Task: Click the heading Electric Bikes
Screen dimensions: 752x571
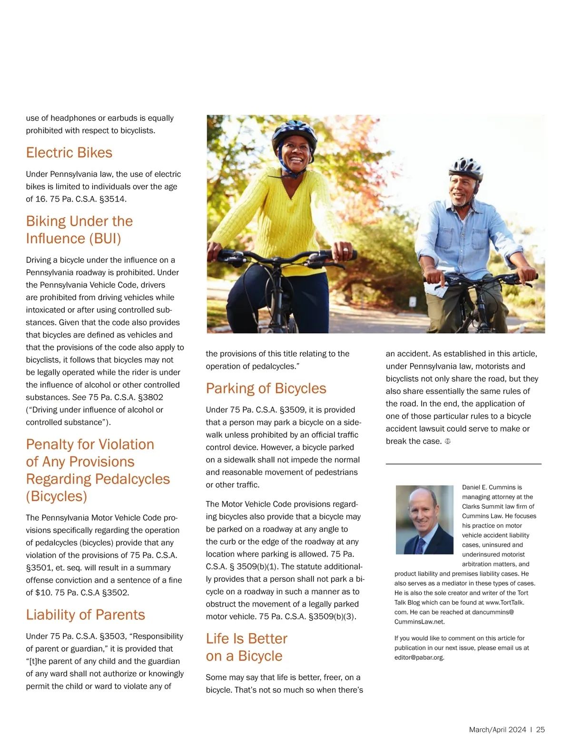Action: coord(69,153)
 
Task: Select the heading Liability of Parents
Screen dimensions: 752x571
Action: coord(85,615)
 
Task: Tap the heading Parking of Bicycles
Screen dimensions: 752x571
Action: coord(266,388)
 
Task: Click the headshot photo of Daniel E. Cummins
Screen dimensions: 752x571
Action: coord(424,520)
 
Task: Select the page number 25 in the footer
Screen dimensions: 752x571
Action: coord(541,730)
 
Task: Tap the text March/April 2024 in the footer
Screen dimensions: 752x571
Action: coord(497,730)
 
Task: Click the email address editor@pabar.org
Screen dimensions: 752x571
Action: coord(419,658)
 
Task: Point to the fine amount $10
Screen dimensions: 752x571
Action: coord(43,593)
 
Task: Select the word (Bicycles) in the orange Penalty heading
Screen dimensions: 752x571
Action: coord(57,496)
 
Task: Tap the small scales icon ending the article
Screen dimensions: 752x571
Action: coord(447,442)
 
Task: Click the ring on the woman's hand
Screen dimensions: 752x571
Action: coord(346,250)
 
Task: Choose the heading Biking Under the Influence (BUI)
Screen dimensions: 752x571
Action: coord(79,230)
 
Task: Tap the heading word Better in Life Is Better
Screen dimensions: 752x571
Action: coord(268,638)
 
